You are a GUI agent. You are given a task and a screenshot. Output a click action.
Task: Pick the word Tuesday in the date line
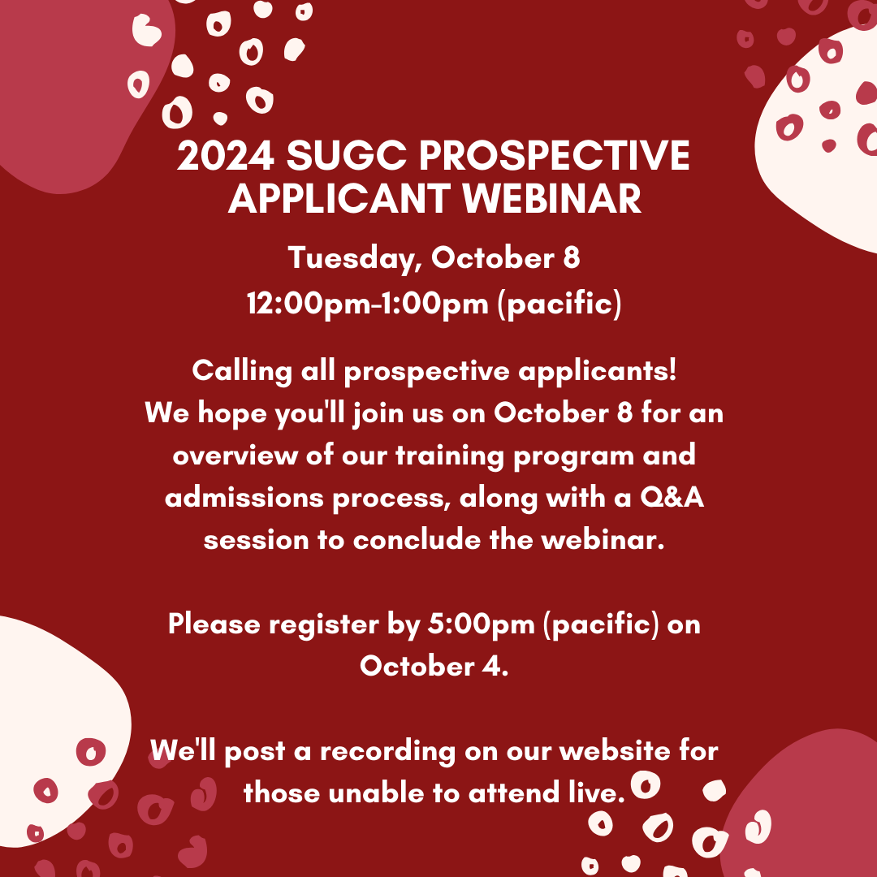(x=354, y=259)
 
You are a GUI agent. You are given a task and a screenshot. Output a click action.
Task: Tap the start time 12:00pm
(x=302, y=303)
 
